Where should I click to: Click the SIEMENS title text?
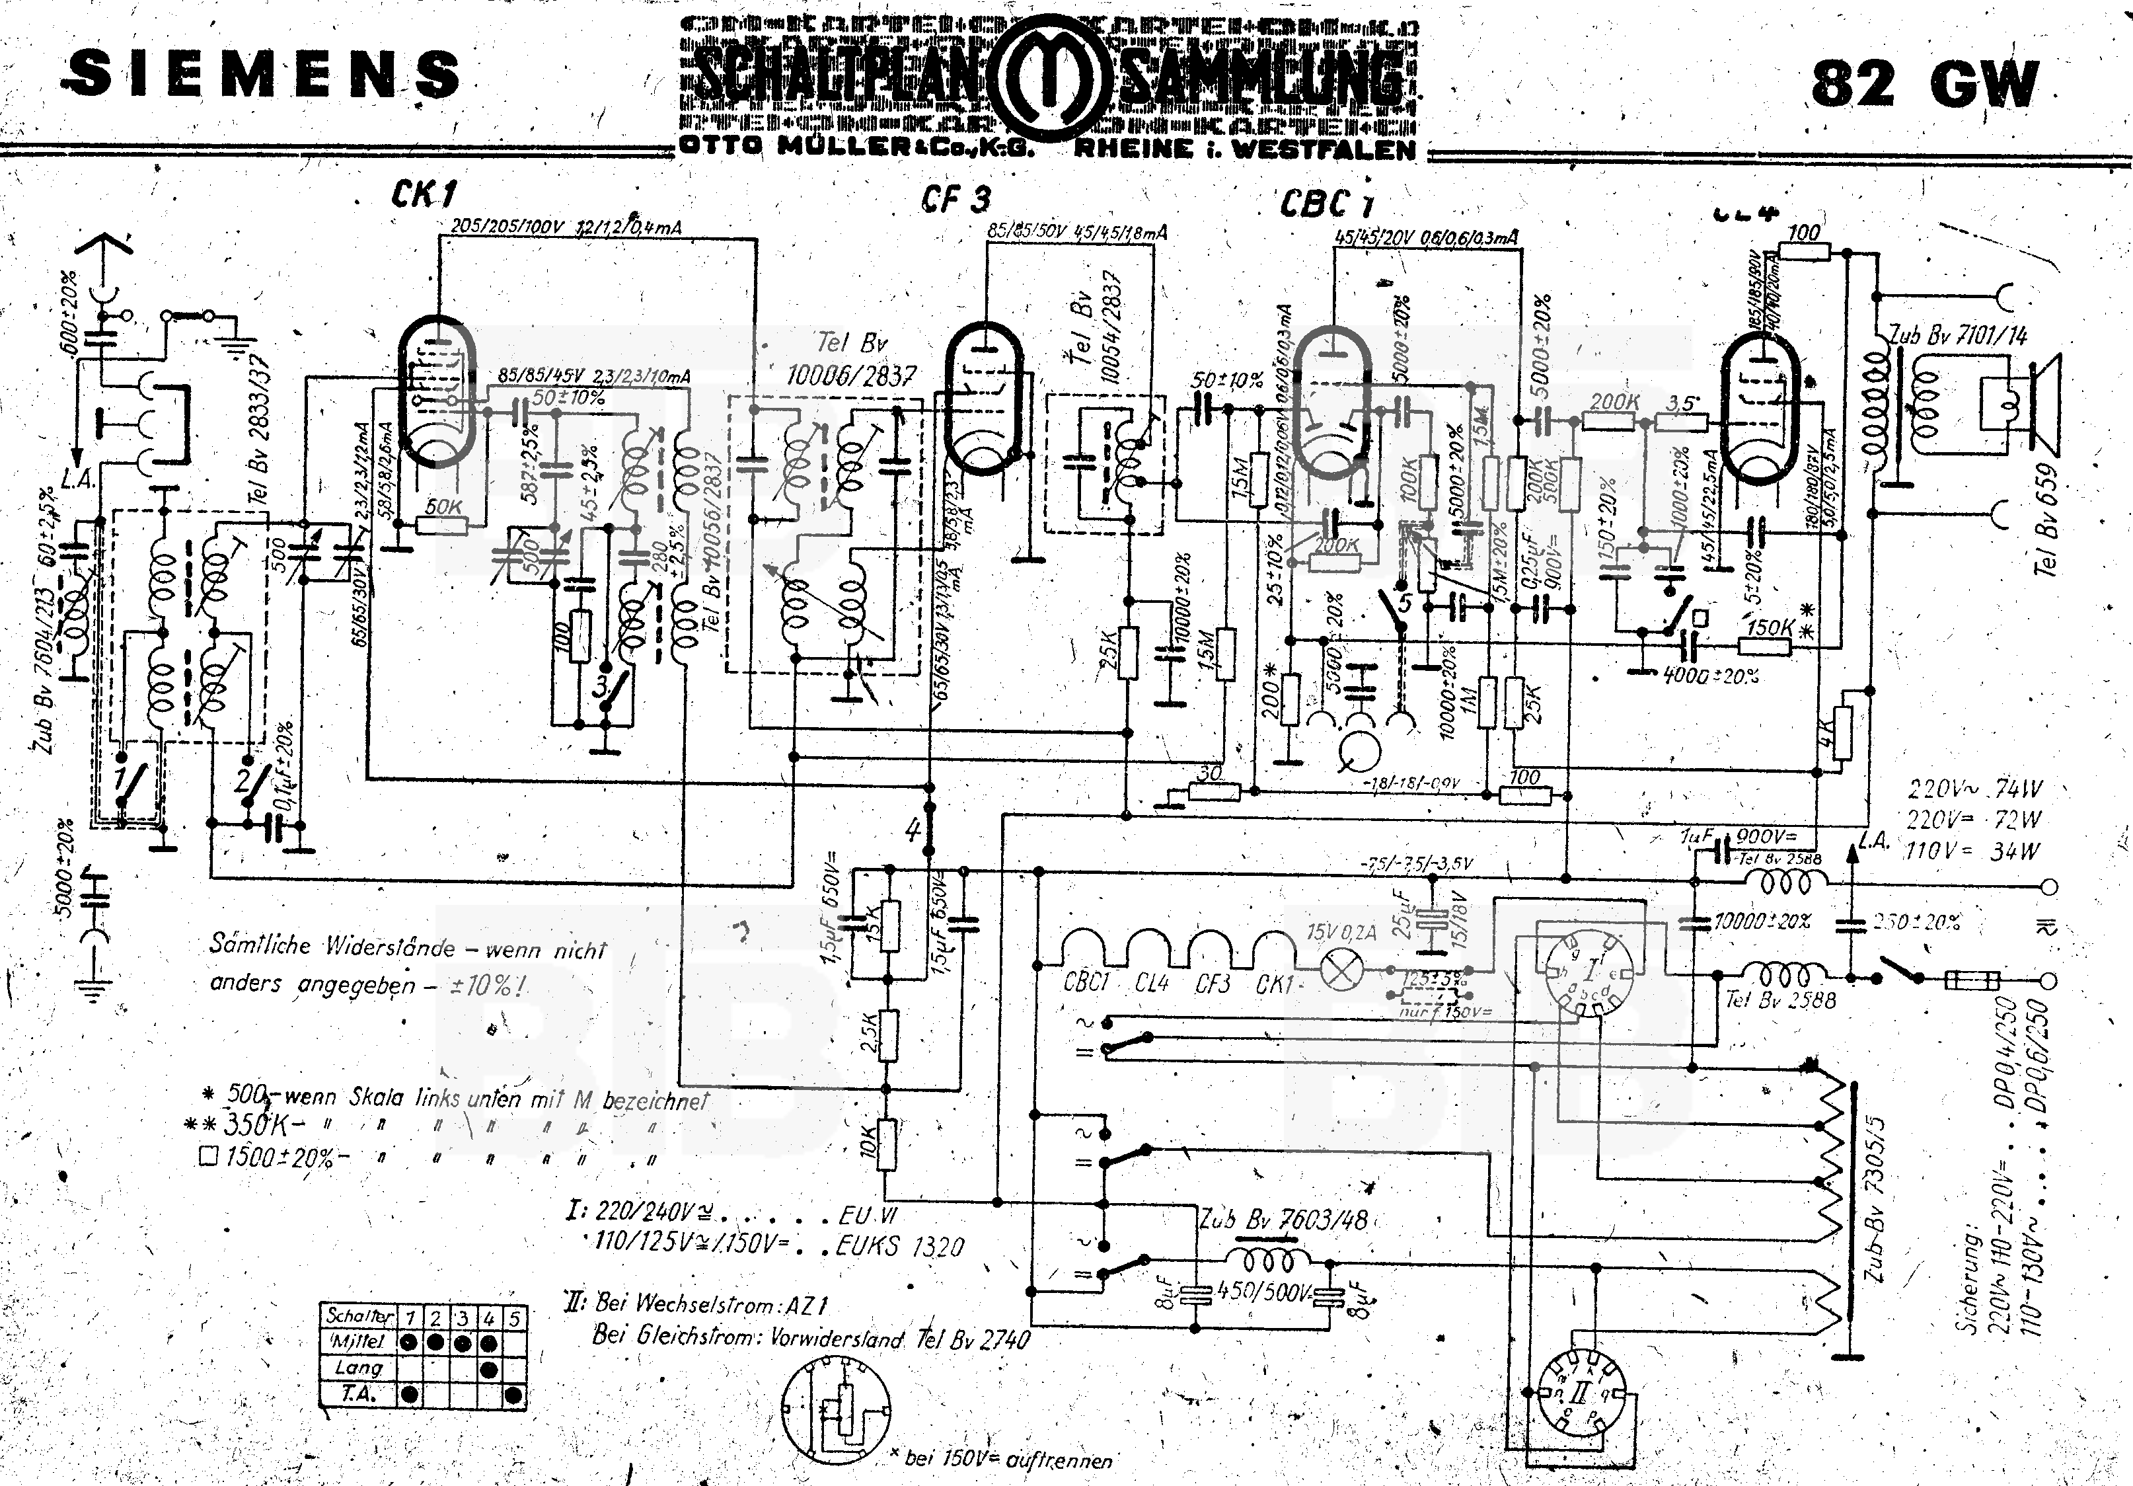pyautogui.click(x=264, y=74)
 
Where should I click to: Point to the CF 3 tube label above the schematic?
pyautogui.click(x=956, y=199)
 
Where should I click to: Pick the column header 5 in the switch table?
pyautogui.click(x=513, y=1317)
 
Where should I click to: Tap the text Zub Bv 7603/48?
pyautogui.click(x=1283, y=1220)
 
